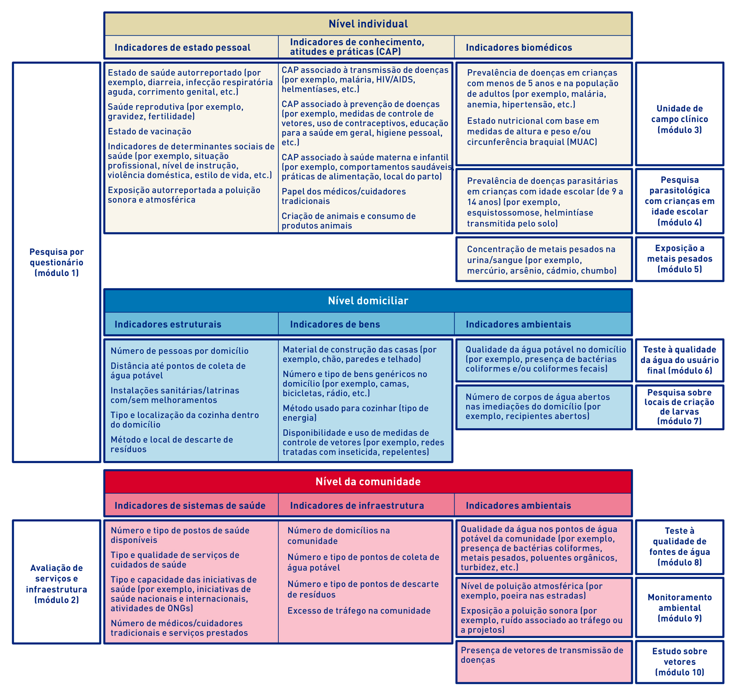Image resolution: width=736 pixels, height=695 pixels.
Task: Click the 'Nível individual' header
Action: click(368, 24)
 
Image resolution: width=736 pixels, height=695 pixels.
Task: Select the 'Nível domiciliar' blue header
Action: click(368, 300)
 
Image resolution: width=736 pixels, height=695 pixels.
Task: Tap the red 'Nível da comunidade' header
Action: click(368, 482)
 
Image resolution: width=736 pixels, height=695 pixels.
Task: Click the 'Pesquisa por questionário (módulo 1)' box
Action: click(57, 262)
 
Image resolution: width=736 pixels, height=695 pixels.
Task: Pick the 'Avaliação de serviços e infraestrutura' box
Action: click(57, 583)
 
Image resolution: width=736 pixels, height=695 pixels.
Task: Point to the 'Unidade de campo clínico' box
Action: click(679, 119)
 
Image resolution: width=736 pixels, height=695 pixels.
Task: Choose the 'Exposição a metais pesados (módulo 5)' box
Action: click(679, 259)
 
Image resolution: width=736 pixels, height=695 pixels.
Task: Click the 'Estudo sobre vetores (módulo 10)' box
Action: click(679, 662)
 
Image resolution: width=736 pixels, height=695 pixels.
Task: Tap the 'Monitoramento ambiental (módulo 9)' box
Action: click(679, 608)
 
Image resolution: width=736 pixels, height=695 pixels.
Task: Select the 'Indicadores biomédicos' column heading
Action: click(519, 48)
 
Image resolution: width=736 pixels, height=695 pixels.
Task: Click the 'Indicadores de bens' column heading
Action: click(335, 324)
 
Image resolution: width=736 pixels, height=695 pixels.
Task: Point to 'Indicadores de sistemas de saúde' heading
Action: click(190, 505)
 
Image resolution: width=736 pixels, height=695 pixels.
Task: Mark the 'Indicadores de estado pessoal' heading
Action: click(182, 48)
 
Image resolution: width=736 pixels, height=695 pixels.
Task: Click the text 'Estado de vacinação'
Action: click(149, 132)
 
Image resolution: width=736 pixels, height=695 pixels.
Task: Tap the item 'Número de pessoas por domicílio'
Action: click(179, 351)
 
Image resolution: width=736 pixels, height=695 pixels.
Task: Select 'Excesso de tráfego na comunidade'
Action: click(359, 611)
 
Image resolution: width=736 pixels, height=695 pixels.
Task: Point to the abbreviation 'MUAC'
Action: click(583, 142)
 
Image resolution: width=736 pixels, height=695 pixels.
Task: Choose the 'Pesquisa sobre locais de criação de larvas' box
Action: click(679, 407)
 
